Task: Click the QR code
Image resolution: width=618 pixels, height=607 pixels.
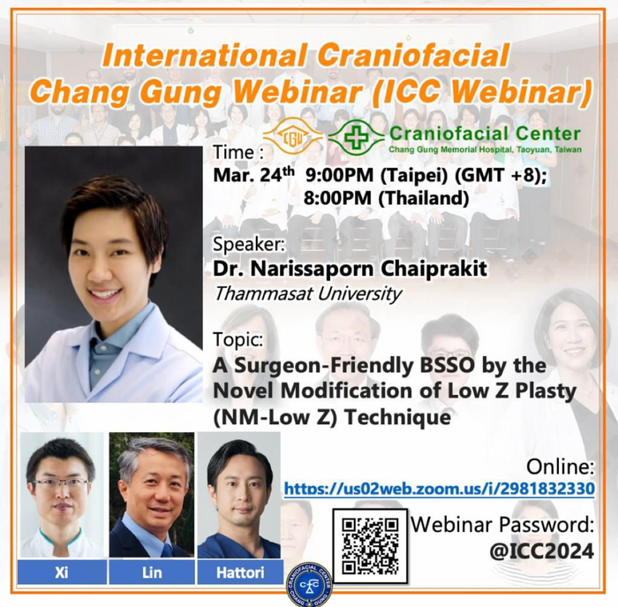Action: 370,546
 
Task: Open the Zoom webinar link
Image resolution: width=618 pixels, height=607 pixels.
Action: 439,489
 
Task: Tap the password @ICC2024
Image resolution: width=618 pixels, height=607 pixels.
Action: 541,551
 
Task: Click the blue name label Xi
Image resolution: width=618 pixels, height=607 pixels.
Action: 62,573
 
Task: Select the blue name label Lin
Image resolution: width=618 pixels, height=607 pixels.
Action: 152,573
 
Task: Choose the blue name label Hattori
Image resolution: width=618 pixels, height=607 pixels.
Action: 240,573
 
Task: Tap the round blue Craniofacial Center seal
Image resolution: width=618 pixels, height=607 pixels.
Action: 309,585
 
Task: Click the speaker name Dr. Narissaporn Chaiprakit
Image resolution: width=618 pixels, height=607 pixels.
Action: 350,269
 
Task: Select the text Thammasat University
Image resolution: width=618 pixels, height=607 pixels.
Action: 307,294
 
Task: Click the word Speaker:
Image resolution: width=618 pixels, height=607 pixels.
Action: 248,245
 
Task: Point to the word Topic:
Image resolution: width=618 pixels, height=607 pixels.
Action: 237,340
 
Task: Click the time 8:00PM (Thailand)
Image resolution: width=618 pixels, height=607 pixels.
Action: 387,199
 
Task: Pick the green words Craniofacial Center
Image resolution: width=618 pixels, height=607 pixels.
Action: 485,134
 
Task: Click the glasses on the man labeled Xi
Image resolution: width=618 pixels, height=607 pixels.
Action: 63,484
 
